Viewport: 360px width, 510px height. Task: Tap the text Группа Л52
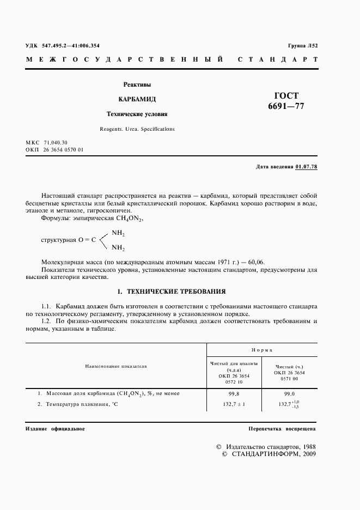[x=302, y=46]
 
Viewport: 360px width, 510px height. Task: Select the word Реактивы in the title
[x=137, y=84]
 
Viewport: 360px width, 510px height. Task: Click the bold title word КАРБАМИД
[x=137, y=99]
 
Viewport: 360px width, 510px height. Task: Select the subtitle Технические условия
[x=137, y=114]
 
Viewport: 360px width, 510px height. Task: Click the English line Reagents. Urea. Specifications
[x=137, y=129]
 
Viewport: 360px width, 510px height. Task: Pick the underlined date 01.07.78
[x=306, y=166]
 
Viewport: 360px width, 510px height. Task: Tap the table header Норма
[x=262, y=350]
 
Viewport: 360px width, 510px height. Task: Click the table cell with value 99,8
[x=234, y=393]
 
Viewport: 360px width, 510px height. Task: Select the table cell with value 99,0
[x=290, y=393]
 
